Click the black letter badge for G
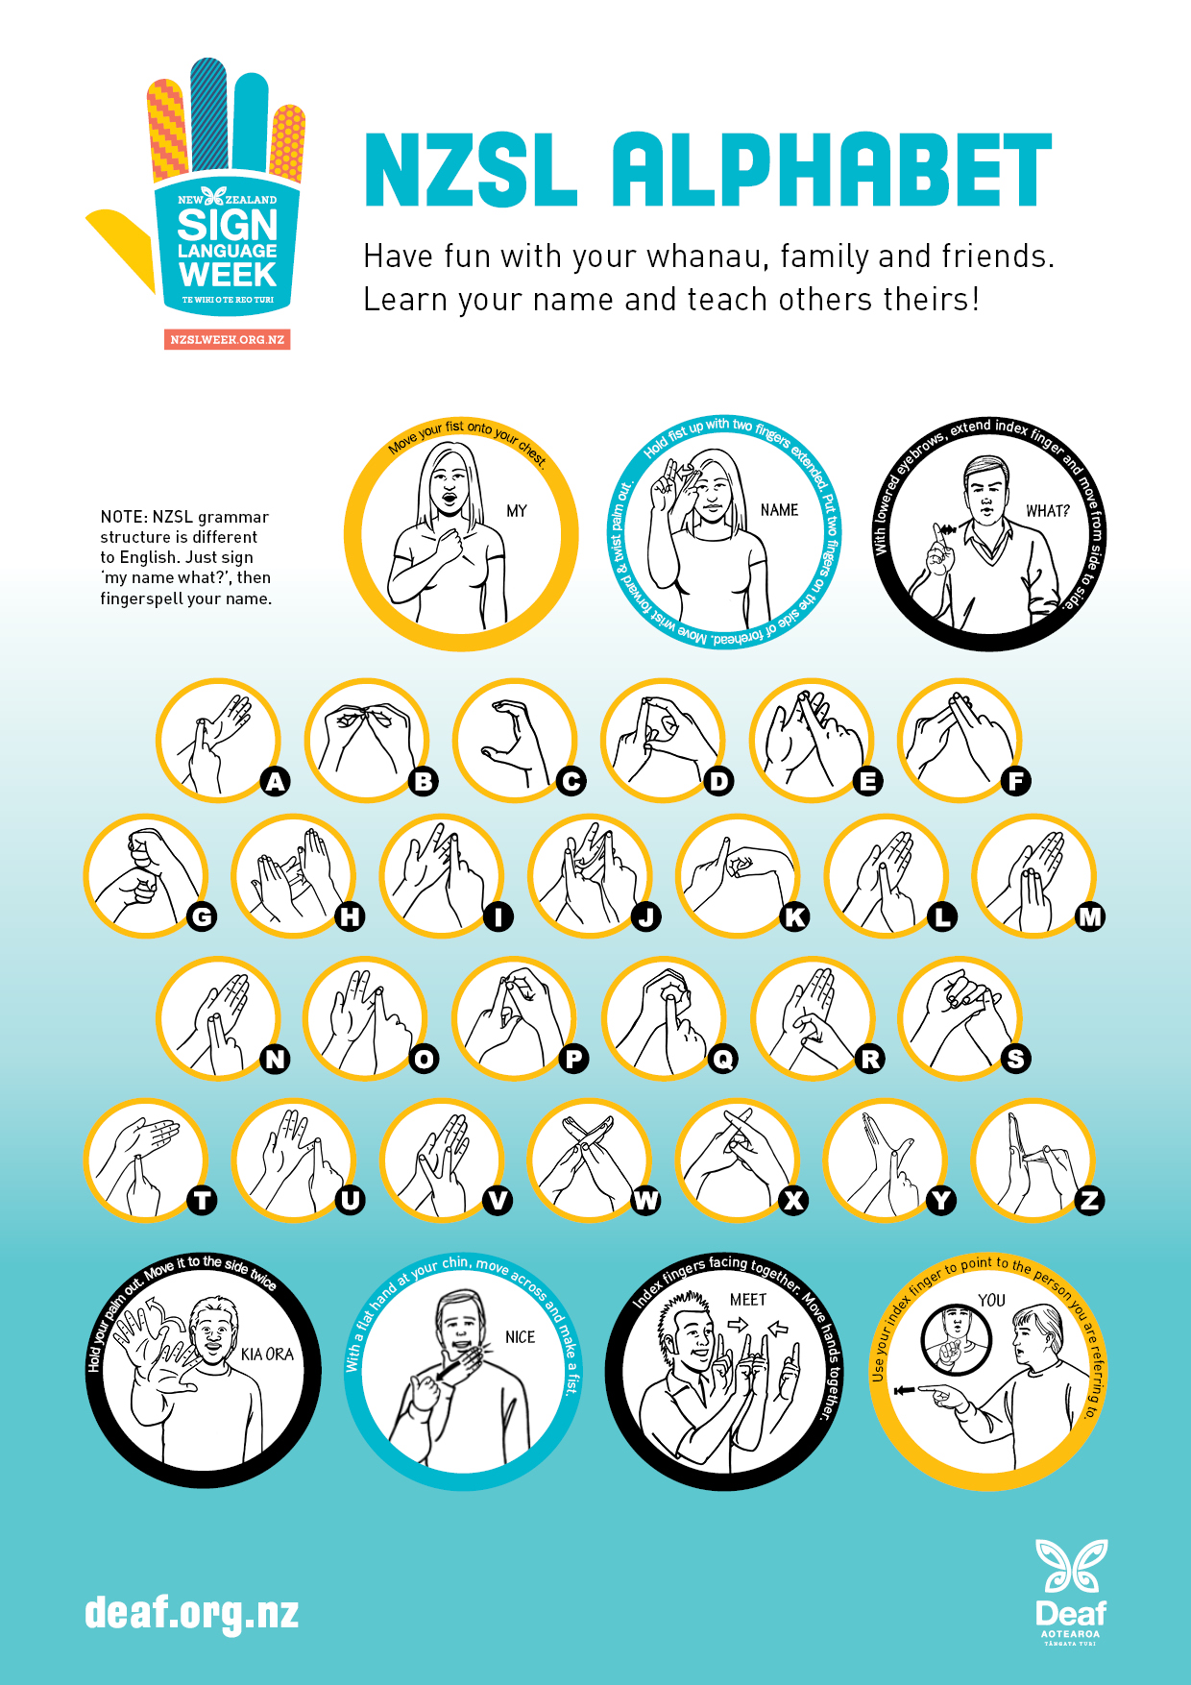[x=202, y=916]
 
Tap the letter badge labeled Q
[x=722, y=1059]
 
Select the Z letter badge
[x=1090, y=1200]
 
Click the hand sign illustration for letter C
[x=515, y=741]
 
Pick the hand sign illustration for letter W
[x=589, y=1160]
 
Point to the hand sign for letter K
[x=738, y=875]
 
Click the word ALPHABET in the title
[x=832, y=170]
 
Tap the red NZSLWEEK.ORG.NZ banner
[x=228, y=339]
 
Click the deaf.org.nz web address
[x=191, y=1613]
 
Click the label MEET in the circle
[x=748, y=1300]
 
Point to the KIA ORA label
[x=267, y=1354]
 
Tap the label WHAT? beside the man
[x=1048, y=511]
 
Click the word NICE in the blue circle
[x=520, y=1337]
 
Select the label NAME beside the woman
[x=779, y=510]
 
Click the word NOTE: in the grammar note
[x=124, y=517]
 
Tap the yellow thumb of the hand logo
[x=120, y=246]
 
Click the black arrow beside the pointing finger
[x=905, y=1390]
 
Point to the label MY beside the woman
[x=517, y=511]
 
